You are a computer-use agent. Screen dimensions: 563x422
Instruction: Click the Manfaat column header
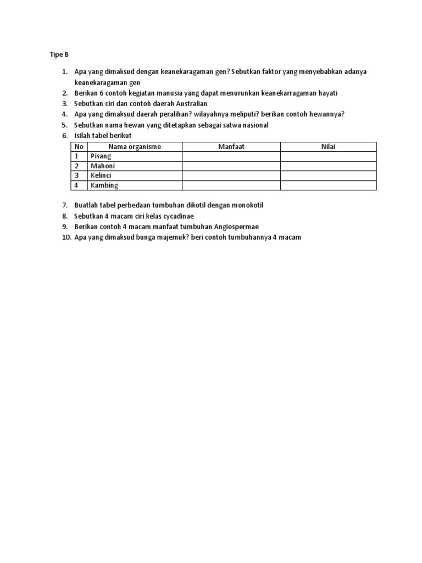coord(231,146)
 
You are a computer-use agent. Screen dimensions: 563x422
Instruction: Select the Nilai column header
coord(328,146)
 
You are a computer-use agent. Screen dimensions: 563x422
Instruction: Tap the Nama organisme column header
coord(135,146)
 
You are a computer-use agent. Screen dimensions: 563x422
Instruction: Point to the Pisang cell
coord(101,156)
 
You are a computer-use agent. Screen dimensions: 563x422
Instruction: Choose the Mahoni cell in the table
coord(103,166)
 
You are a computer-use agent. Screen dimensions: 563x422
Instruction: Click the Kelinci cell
coord(102,175)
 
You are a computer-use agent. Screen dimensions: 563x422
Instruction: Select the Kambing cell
coord(104,185)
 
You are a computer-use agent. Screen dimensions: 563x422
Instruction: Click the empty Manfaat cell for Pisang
coord(231,156)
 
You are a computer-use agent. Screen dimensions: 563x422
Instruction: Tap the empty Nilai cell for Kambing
coord(328,185)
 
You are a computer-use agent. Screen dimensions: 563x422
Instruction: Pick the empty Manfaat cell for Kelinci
coord(231,175)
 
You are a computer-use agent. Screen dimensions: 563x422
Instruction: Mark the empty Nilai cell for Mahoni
coord(328,166)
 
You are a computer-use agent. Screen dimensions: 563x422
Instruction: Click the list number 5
coord(64,125)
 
